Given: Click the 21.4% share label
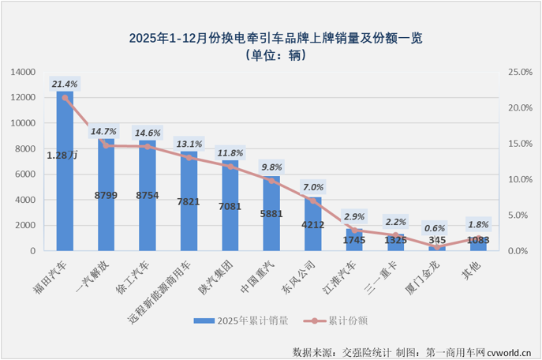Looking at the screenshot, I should [x=65, y=83].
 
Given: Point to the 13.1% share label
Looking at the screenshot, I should [x=189, y=144].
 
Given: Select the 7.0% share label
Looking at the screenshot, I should [x=313, y=187].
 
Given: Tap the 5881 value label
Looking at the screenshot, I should [x=271, y=212].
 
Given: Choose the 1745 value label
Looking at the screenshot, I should [x=354, y=239].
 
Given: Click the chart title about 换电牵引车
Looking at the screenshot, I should [x=271, y=38].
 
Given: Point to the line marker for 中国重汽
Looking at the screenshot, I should [x=271, y=181].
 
